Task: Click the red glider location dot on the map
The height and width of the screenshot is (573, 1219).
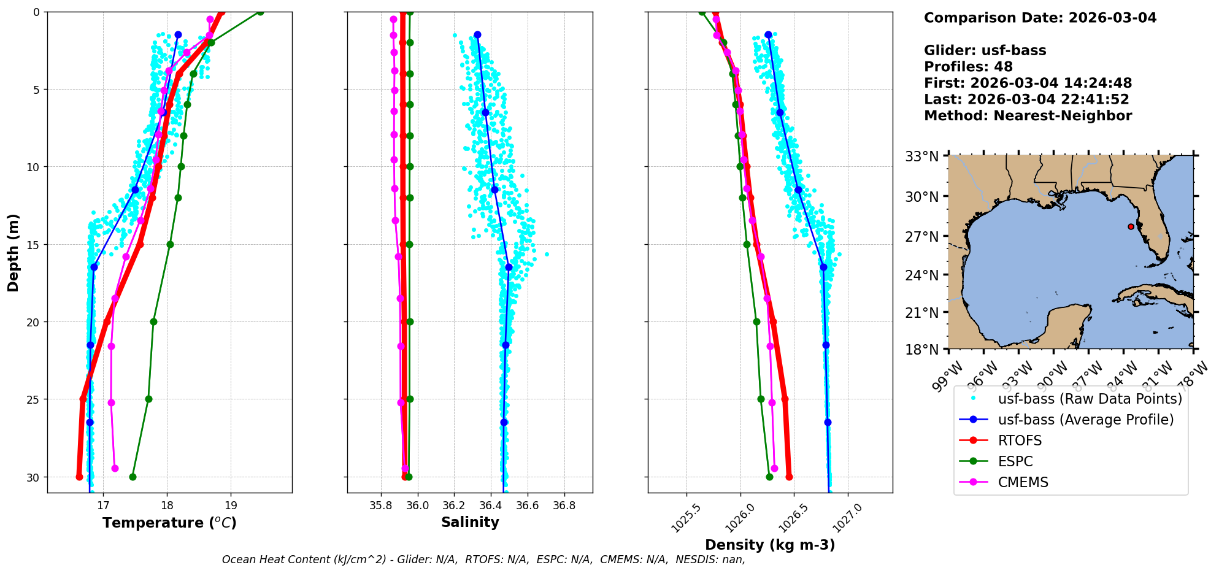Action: (1131, 226)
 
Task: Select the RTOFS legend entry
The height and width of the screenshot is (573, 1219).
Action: (1020, 440)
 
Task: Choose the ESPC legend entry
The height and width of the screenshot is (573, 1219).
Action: (1015, 461)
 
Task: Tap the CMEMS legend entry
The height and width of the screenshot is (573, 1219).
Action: (1023, 482)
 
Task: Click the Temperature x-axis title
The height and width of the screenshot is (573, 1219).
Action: (169, 523)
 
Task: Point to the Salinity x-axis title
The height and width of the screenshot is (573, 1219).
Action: (470, 522)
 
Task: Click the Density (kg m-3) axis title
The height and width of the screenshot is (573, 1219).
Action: (770, 545)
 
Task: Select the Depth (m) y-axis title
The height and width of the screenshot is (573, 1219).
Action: (13, 252)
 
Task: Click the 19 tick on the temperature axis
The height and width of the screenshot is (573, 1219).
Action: (231, 506)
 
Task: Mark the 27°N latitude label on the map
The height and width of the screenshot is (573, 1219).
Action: (922, 237)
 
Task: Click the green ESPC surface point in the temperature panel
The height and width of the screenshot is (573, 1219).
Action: (260, 12)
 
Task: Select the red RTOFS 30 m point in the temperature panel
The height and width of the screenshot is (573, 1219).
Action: (79, 477)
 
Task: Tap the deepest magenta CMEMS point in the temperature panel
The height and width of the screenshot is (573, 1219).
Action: (115, 468)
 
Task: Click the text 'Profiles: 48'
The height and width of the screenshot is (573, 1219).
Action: (968, 67)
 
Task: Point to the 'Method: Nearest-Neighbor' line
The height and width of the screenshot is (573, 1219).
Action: (1028, 116)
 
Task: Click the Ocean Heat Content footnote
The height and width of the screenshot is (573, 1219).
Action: (483, 560)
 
